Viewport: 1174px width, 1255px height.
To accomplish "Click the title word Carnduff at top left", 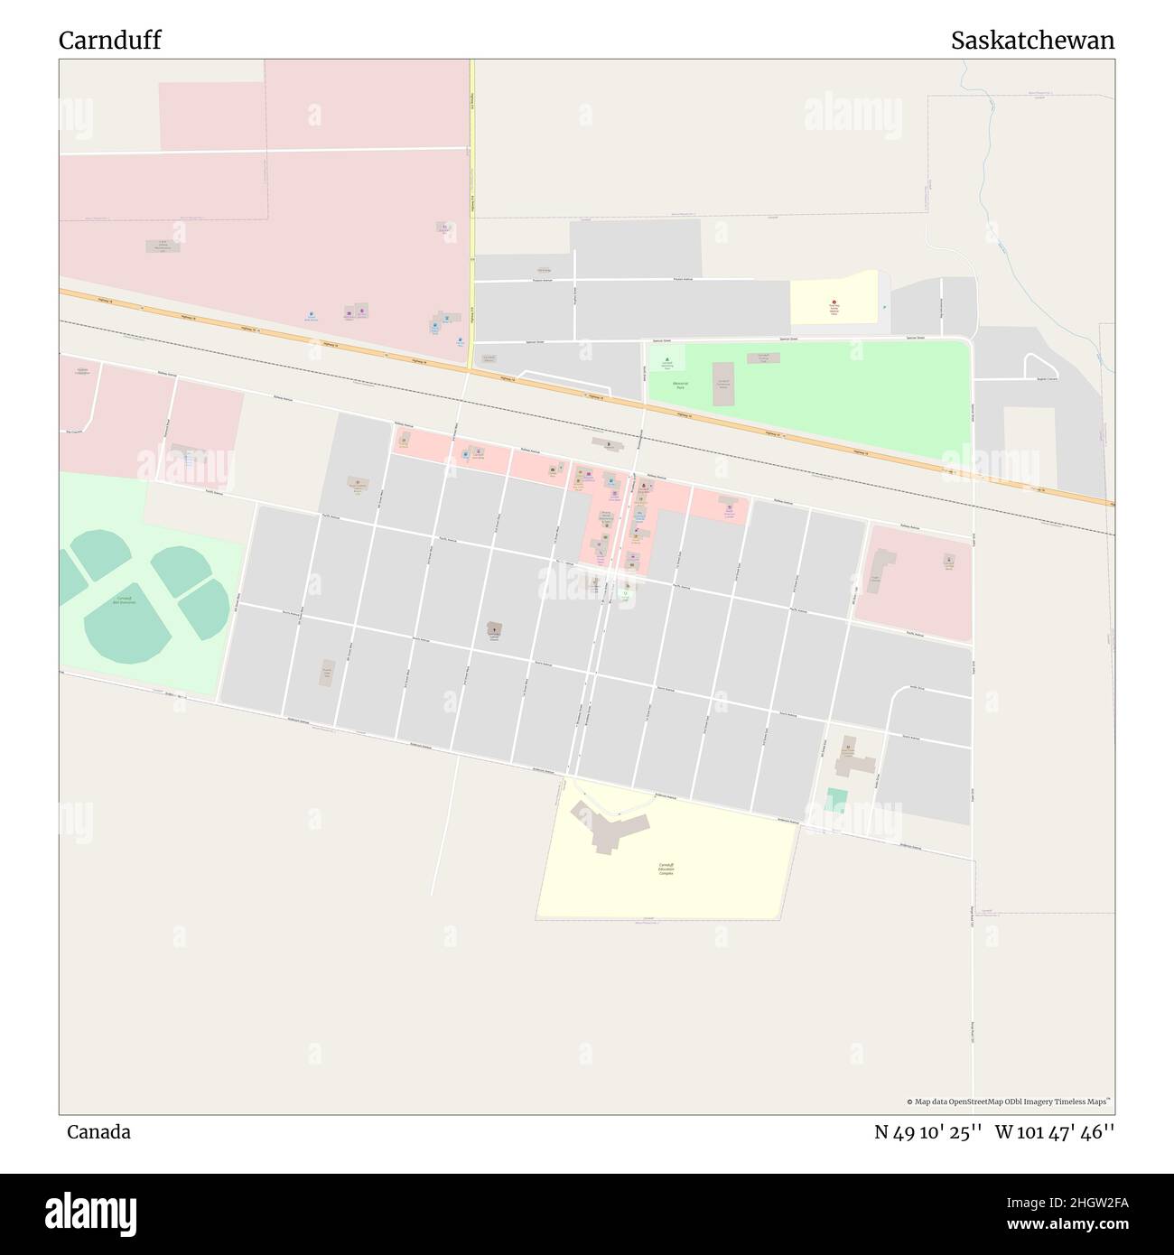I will pyautogui.click(x=110, y=41).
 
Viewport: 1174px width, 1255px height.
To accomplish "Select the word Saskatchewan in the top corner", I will pyautogui.click(x=1032, y=41).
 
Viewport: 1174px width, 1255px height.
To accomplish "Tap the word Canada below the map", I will pyautogui.click(x=98, y=1132).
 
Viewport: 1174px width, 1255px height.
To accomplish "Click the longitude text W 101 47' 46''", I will pyautogui.click(x=1055, y=1132).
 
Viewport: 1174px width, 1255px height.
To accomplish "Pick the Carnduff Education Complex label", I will pyautogui.click(x=666, y=870).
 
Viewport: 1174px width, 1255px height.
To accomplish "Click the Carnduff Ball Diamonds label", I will pyautogui.click(x=124, y=600).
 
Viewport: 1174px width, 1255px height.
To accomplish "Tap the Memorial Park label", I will pyautogui.click(x=681, y=385).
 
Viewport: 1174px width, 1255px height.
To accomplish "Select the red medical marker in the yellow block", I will pyautogui.click(x=834, y=303).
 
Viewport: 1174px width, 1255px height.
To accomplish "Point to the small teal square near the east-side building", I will pyautogui.click(x=837, y=798).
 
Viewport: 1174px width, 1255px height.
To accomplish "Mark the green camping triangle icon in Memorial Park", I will pyautogui.click(x=667, y=360).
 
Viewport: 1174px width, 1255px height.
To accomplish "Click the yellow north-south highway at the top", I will pyautogui.click(x=471, y=181).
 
